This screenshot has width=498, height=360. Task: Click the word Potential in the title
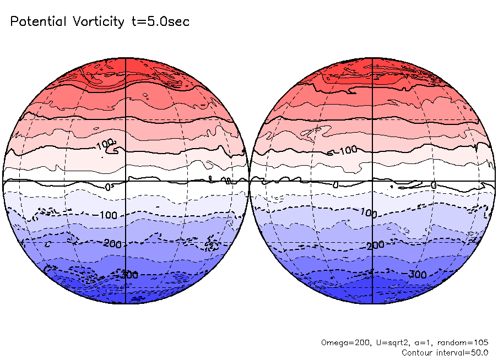[x=39, y=21]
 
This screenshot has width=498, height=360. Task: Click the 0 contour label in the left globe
[x=108, y=187]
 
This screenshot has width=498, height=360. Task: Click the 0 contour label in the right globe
[x=434, y=186]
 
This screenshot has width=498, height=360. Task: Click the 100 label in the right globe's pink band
[x=348, y=150]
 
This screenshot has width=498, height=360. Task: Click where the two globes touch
[x=249, y=181]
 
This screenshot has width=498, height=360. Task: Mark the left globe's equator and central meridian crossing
[x=126, y=181]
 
